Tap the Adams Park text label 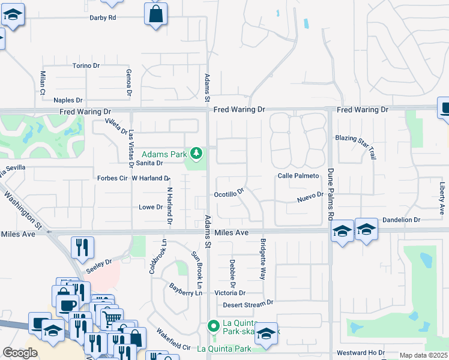tap(164, 154)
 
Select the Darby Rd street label tap(102, 17)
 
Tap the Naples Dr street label tap(71, 100)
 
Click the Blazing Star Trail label tap(355, 137)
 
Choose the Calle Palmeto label tap(298, 176)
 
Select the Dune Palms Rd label tap(330, 192)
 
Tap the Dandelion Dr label tap(401, 220)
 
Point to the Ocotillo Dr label tap(229, 194)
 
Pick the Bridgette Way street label tap(262, 259)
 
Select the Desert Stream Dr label tap(248, 304)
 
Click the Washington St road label tap(23, 213)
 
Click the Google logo tap(20, 353)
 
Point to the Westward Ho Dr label tap(360, 352)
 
